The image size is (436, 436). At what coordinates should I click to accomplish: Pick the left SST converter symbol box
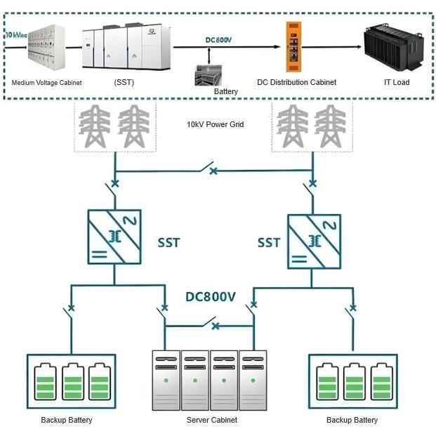click(114, 237)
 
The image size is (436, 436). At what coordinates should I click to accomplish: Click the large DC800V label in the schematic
click(210, 296)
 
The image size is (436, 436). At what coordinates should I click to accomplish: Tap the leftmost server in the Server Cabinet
click(166, 380)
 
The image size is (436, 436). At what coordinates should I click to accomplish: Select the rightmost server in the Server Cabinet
click(253, 380)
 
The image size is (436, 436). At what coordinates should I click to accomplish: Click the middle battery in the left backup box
click(73, 382)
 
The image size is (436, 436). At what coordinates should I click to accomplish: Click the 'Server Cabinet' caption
click(211, 420)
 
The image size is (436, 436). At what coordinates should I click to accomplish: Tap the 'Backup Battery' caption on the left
click(67, 420)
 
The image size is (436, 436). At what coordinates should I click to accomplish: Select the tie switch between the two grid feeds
click(209, 169)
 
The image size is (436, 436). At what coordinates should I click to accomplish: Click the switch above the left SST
click(112, 188)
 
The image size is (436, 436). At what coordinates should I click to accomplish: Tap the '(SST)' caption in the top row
click(124, 82)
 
